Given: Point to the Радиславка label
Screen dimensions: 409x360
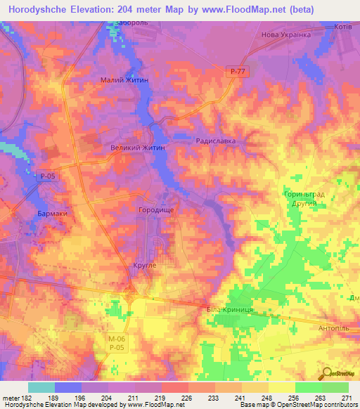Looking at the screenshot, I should point(215,141).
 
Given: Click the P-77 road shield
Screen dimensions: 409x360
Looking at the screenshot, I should point(237,72).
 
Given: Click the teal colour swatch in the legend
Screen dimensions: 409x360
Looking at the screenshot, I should point(41,387).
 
